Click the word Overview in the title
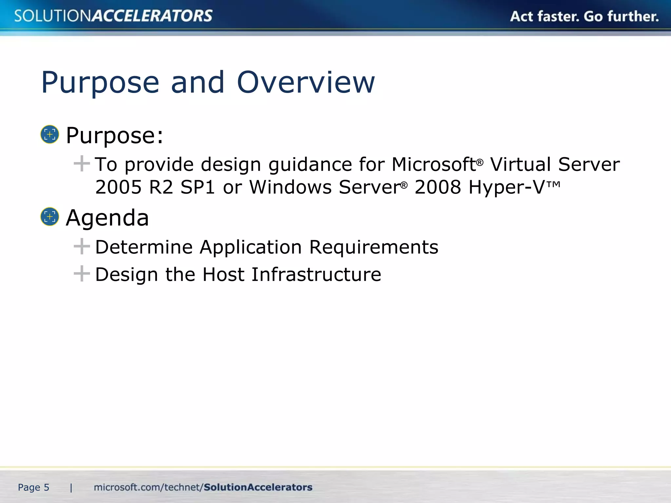click(x=305, y=83)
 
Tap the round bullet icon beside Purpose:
click(x=49, y=134)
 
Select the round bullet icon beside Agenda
click(x=49, y=216)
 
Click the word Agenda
click(x=107, y=218)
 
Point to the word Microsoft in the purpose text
click(x=433, y=164)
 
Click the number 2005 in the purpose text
click(x=118, y=187)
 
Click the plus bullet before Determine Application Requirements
click(x=82, y=246)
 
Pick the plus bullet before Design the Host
click(x=82, y=274)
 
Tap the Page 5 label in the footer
click(x=33, y=487)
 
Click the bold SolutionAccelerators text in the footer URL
click(x=258, y=487)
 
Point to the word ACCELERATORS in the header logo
click(x=152, y=16)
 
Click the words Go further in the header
click(x=621, y=16)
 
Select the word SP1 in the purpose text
click(x=198, y=187)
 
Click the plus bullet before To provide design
click(x=82, y=164)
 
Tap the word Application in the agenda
click(x=251, y=247)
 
